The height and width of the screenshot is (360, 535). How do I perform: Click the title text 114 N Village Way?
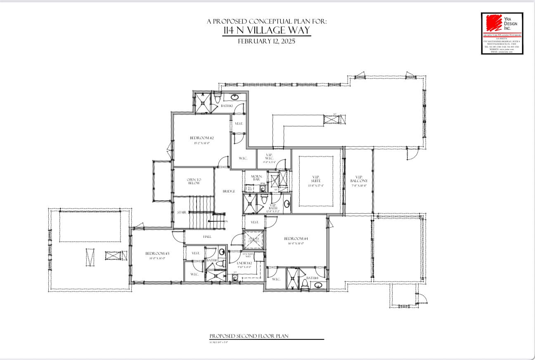266,31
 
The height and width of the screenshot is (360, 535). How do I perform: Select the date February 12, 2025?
266,41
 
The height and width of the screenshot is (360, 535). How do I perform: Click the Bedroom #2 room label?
201,138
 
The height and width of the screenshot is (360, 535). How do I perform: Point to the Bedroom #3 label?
157,253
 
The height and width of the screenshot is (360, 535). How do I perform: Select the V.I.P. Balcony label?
358,181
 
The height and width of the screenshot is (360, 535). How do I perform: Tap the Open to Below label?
194,181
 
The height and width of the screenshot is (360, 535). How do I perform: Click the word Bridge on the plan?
229,191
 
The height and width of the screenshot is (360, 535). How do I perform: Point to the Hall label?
207,237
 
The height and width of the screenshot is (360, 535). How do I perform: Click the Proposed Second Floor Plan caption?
249,336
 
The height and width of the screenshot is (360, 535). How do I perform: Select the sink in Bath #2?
235,97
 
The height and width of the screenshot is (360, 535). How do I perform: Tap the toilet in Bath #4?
305,283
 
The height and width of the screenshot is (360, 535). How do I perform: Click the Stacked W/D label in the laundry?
248,255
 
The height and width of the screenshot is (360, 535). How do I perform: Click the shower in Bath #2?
203,103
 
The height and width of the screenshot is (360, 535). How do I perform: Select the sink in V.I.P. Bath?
286,203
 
